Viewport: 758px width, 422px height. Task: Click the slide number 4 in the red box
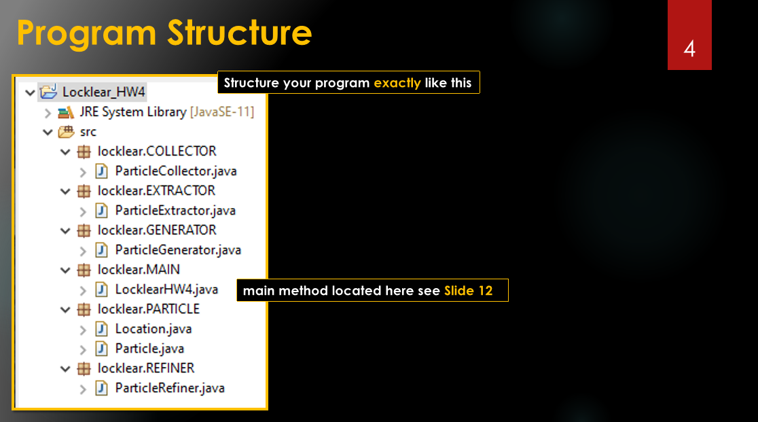point(689,49)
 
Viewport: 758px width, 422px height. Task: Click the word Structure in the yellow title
point(239,33)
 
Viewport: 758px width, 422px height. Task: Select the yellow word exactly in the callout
point(397,83)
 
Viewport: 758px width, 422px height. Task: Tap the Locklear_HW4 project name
point(104,92)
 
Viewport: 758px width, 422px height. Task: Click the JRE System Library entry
point(167,111)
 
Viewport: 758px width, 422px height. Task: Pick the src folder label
point(88,132)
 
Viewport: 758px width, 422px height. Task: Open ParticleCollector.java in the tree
point(176,171)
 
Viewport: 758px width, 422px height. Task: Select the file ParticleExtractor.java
point(175,211)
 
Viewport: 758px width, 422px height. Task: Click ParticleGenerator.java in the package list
point(178,250)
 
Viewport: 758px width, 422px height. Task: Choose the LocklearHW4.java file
point(167,289)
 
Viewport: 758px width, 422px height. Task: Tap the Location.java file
point(154,329)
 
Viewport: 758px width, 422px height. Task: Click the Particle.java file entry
point(150,349)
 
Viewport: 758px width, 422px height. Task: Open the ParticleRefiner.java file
point(170,388)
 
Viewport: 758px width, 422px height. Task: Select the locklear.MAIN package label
point(139,270)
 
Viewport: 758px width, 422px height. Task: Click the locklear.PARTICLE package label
point(149,309)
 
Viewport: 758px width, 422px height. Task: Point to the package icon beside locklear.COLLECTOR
point(84,152)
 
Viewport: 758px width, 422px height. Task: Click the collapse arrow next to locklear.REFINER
point(65,369)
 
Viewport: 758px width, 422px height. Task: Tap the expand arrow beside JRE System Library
point(48,113)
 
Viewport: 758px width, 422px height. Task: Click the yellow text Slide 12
point(469,291)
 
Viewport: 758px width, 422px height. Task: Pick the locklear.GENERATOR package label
point(157,230)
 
